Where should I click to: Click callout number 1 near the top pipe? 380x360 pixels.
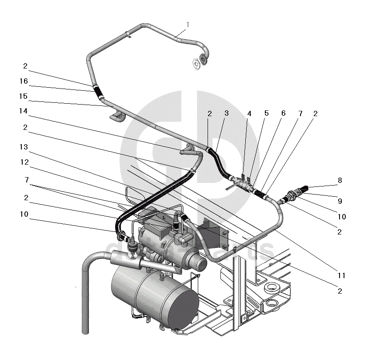pyautogui.click(x=188, y=24)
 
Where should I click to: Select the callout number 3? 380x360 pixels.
pyautogui.click(x=226, y=113)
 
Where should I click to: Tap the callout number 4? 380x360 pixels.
pyautogui.click(x=249, y=113)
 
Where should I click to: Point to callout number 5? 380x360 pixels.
pyautogui.click(x=266, y=113)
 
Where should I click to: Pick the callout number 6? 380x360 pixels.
pyautogui.click(x=284, y=113)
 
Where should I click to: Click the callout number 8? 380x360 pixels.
pyautogui.click(x=340, y=181)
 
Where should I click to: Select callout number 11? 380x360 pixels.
pyautogui.click(x=341, y=276)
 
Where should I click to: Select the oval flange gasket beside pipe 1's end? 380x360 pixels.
pyautogui.click(x=196, y=64)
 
